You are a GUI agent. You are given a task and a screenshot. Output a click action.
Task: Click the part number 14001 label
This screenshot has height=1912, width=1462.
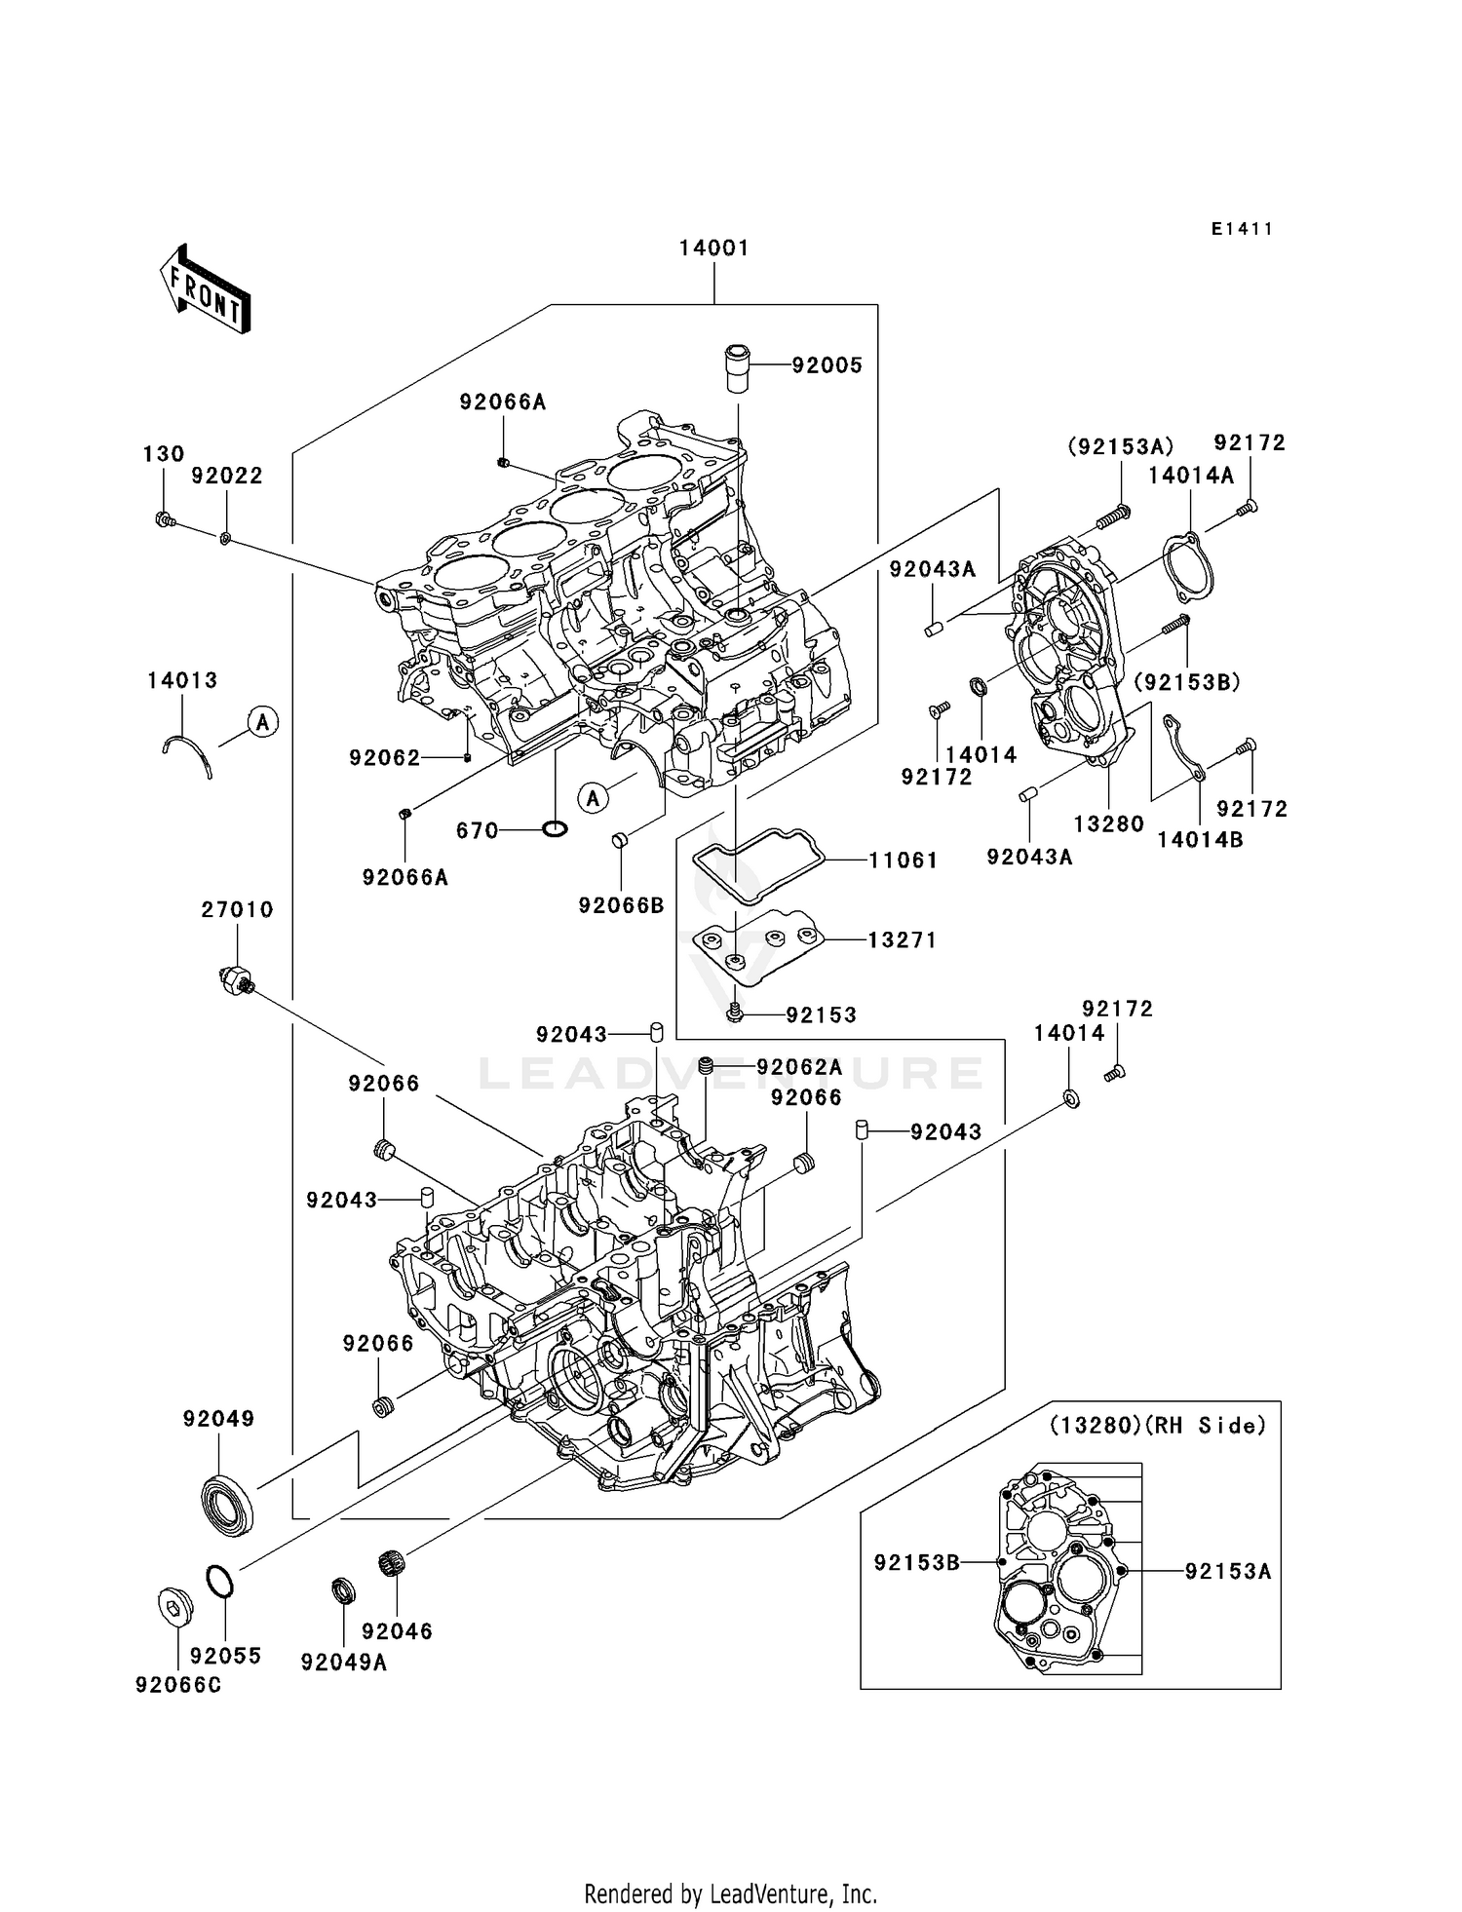[x=714, y=249]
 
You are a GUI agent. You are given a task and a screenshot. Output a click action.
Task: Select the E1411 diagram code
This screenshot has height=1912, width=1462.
[x=1242, y=229]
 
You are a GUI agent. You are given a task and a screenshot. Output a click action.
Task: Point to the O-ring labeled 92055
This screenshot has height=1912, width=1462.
[x=220, y=1581]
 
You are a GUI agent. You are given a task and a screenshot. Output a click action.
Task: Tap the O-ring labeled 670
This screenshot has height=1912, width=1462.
[x=555, y=829]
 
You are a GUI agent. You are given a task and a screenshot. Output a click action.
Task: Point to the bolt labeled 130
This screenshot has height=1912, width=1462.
[x=164, y=519]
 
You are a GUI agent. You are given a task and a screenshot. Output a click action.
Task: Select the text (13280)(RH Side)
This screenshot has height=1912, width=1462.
[x=1158, y=1425]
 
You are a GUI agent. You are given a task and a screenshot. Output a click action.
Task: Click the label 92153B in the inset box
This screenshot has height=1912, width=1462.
[x=916, y=1562]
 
